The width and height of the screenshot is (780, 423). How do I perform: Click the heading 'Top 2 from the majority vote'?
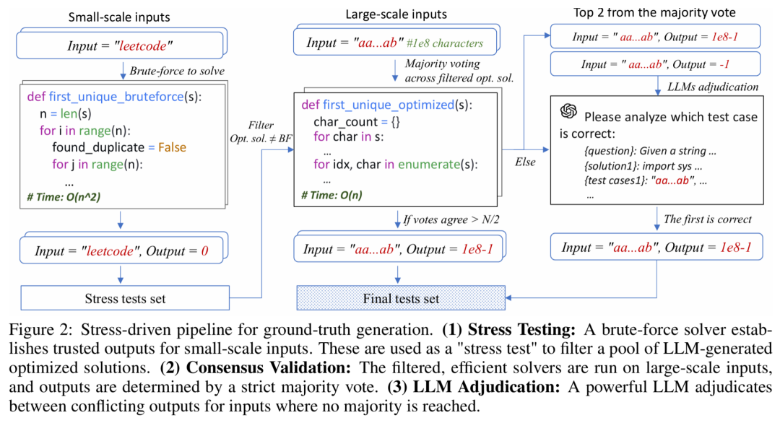(x=653, y=12)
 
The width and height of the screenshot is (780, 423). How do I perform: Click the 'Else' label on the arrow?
(x=525, y=162)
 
